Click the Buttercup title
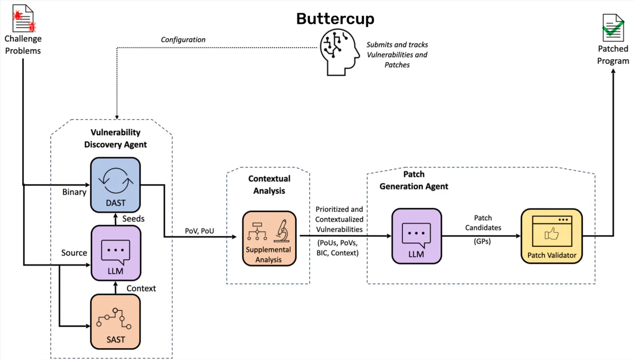335,19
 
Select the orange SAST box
116,321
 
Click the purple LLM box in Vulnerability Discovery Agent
116,252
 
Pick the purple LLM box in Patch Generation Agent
416,236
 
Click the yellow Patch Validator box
552,236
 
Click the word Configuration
183,40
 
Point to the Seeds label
134,218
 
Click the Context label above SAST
141,288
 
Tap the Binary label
74,192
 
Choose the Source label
74,253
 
